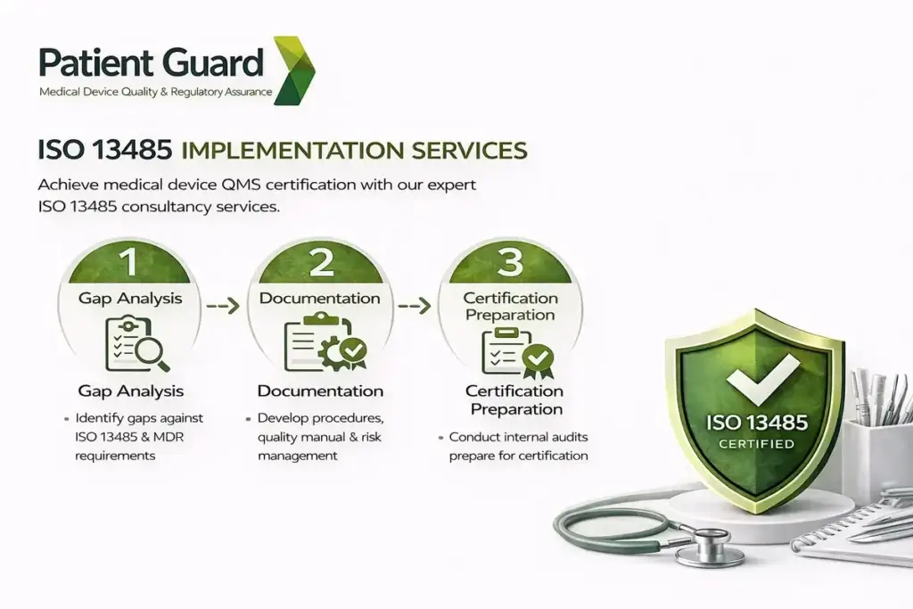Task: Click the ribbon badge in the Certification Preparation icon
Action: [537, 359]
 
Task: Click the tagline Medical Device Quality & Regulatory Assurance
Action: [156, 91]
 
